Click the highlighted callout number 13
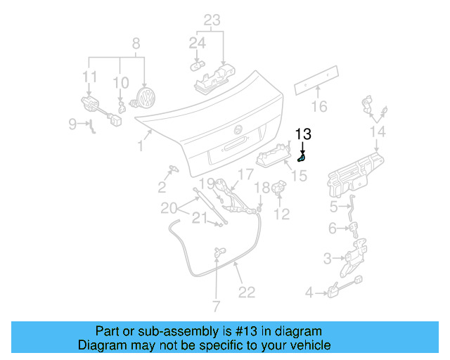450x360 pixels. (302, 134)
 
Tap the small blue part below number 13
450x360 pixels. (302, 157)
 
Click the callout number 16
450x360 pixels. (320, 107)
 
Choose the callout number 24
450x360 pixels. (197, 44)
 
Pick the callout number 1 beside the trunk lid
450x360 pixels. (141, 146)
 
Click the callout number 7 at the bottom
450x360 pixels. (216, 307)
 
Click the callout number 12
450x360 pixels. (281, 214)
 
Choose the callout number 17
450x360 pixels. (245, 174)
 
